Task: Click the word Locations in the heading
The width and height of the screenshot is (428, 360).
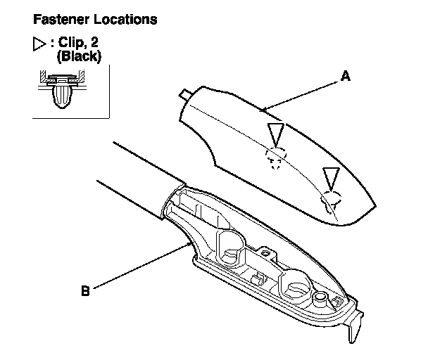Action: pyautogui.click(x=125, y=20)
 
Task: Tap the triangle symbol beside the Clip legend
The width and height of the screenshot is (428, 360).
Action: pyautogui.click(x=39, y=44)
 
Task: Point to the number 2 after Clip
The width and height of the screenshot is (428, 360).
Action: pyautogui.click(x=94, y=42)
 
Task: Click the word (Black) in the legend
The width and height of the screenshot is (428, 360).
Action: pyautogui.click(x=79, y=56)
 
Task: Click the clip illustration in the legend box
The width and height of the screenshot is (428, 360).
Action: pyautogui.click(x=62, y=89)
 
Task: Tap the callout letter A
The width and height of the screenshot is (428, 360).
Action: pyautogui.click(x=346, y=76)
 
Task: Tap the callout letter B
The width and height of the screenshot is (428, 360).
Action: pyautogui.click(x=85, y=290)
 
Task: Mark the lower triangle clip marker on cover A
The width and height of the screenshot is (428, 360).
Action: pyautogui.click(x=331, y=179)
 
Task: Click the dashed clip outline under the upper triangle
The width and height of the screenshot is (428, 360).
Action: pyautogui.click(x=276, y=157)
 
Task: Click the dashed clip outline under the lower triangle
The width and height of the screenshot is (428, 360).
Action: pyautogui.click(x=331, y=200)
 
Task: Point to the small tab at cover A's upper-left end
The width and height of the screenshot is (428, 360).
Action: pyautogui.click(x=184, y=94)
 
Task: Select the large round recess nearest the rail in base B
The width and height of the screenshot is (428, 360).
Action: pyautogui.click(x=230, y=247)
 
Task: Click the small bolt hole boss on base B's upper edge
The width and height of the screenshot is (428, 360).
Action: pyautogui.click(x=265, y=253)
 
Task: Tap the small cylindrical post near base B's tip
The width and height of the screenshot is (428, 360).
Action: pyautogui.click(x=320, y=299)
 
